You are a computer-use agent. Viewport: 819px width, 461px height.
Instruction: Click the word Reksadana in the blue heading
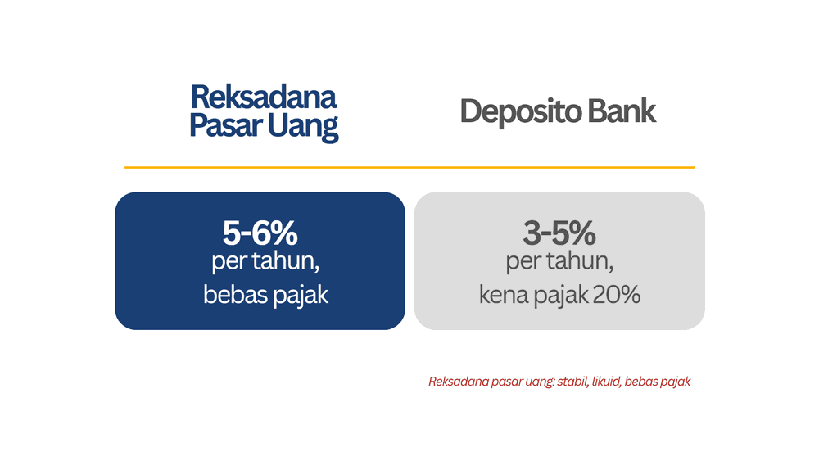click(263, 97)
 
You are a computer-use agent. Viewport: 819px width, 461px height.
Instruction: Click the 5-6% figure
click(260, 234)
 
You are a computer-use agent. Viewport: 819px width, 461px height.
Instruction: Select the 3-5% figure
click(559, 234)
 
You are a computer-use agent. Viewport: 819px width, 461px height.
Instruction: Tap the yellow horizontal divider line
click(409, 167)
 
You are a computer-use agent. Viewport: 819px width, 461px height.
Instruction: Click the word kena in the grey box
click(505, 295)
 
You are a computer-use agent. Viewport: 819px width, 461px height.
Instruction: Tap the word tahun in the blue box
click(280, 264)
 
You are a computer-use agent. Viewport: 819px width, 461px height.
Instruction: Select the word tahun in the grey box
click(580, 264)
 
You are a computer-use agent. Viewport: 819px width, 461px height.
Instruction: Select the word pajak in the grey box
click(562, 296)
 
